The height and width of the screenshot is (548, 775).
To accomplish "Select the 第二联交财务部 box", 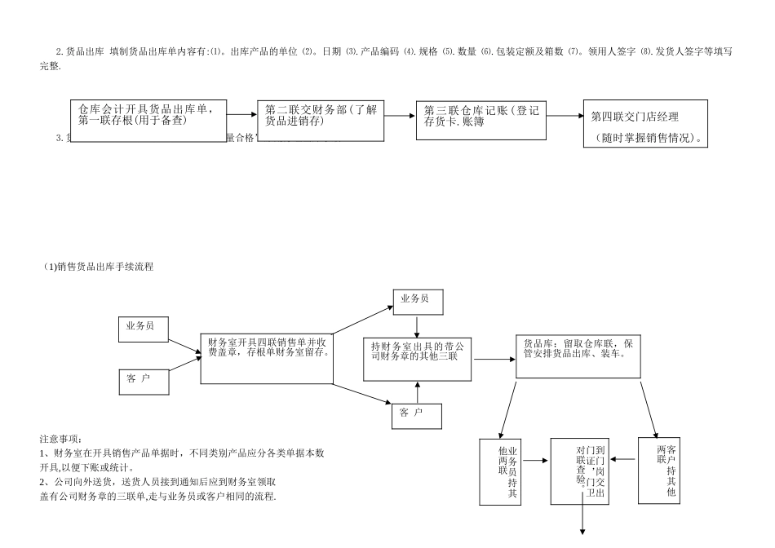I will pyautogui.click(x=321, y=121).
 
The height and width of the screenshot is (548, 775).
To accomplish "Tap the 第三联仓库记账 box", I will pyautogui.click(x=481, y=120).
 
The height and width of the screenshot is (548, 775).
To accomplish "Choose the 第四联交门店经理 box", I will pyautogui.click(x=645, y=124).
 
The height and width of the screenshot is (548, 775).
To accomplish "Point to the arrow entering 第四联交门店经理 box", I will pyautogui.click(x=565, y=116).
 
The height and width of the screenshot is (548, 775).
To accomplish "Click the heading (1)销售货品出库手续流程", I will pyautogui.click(x=99, y=267).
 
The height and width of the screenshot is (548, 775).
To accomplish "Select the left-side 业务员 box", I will pyautogui.click(x=144, y=329).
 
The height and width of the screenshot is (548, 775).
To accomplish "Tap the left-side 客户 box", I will pyautogui.click(x=144, y=381).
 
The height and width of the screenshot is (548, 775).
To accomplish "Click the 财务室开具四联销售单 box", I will pyautogui.click(x=266, y=357).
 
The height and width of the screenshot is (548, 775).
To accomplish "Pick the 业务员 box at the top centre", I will pyautogui.click(x=418, y=302).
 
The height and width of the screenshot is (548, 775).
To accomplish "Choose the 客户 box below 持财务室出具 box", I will pyautogui.click(x=417, y=416).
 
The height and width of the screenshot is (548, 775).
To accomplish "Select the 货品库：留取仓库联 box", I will pyautogui.click(x=583, y=356).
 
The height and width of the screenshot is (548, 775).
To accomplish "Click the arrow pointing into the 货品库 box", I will pyautogui.click(x=494, y=359).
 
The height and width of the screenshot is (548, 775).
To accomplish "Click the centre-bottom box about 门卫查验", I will pyautogui.click(x=580, y=471).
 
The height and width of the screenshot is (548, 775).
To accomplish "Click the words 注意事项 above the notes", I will pyautogui.click(x=61, y=440).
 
